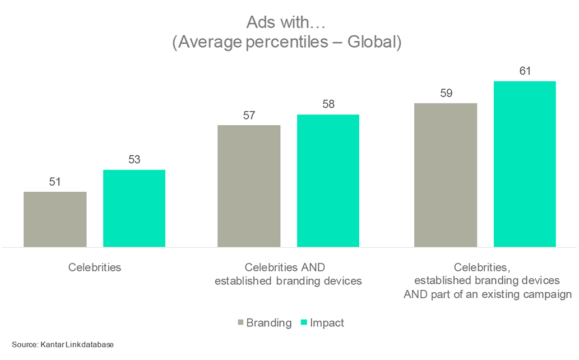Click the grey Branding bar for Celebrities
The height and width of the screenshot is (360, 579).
[x=55, y=219]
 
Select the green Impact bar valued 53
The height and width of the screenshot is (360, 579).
[x=134, y=208]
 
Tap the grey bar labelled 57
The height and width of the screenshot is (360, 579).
[x=249, y=186]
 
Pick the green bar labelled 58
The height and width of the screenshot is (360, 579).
[x=328, y=181]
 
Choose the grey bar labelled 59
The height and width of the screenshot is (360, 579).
[x=446, y=175]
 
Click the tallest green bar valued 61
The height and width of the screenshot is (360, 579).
[x=525, y=164]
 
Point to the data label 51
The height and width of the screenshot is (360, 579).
[x=55, y=182]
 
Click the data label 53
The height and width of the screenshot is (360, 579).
[x=134, y=160]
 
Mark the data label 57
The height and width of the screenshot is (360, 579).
[x=249, y=116]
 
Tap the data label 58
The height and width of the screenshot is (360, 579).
[x=328, y=104]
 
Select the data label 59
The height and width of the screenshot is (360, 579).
[x=446, y=94]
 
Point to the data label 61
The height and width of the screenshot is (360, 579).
[x=525, y=71]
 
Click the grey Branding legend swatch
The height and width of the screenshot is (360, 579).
[x=241, y=323]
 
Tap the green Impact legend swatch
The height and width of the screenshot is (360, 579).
[x=304, y=323]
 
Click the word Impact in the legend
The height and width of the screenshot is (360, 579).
[x=327, y=323]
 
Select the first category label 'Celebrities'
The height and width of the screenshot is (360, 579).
[x=95, y=267]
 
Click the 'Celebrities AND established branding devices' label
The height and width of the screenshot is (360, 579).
[x=288, y=274]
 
